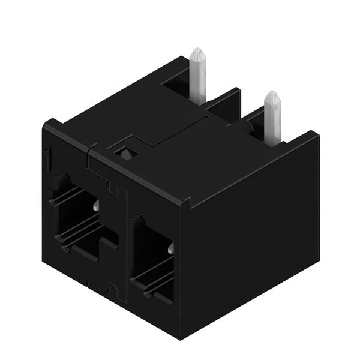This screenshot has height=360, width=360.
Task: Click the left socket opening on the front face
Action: [78, 216]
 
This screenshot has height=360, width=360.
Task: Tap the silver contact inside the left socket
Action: [96, 206]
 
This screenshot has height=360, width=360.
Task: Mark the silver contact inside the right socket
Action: [171, 247]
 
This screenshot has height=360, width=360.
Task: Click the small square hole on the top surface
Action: [125, 153]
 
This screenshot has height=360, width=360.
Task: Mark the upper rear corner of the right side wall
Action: [316, 136]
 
